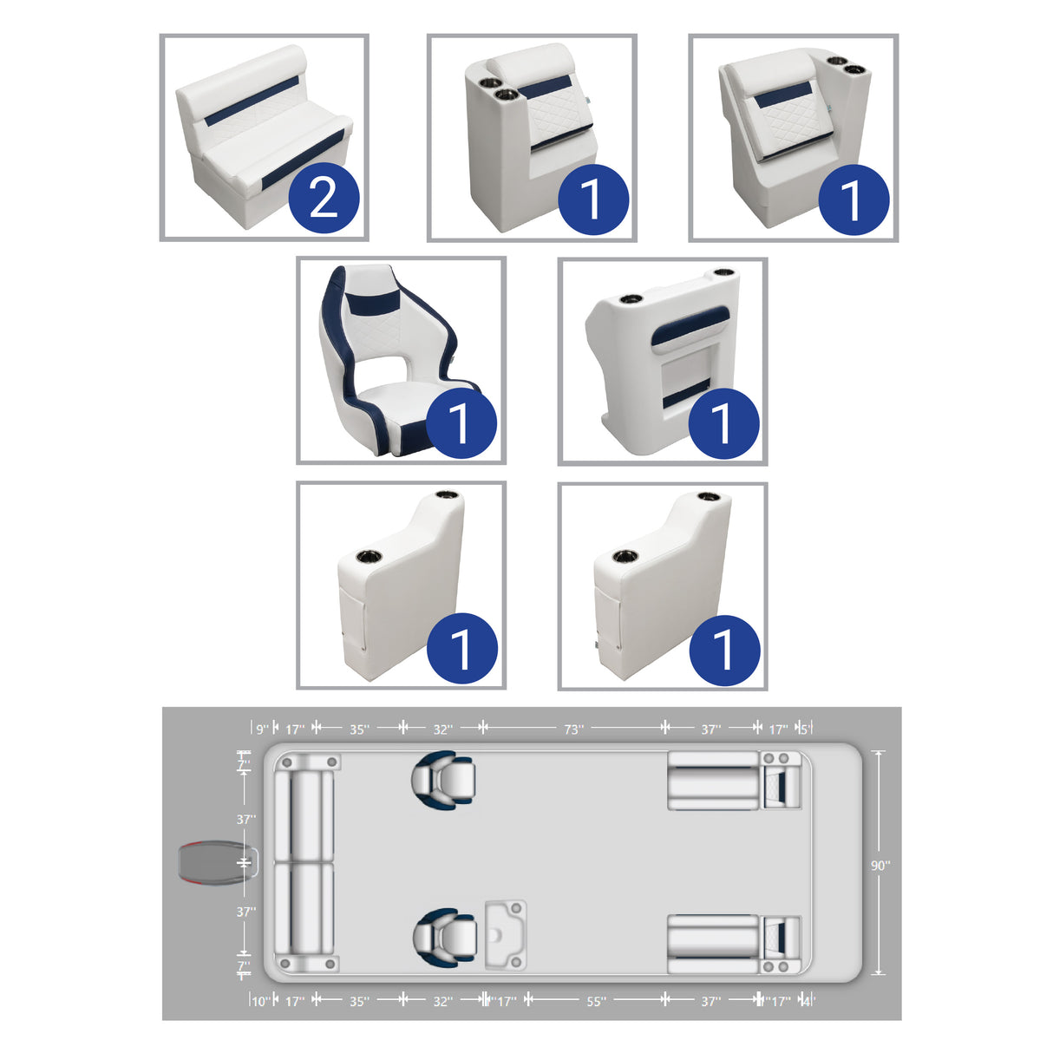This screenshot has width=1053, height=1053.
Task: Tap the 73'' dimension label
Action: (x=573, y=729)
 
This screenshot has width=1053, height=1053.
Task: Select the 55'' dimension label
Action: (x=596, y=1002)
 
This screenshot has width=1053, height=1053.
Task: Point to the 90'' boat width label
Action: (x=880, y=865)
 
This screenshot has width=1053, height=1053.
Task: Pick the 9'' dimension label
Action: (x=261, y=729)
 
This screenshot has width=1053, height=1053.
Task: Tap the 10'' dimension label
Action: (x=260, y=1002)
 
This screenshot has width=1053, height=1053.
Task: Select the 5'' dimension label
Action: (x=804, y=729)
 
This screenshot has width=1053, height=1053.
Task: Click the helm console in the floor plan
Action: (x=505, y=935)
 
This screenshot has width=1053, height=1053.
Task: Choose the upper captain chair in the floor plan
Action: (x=443, y=779)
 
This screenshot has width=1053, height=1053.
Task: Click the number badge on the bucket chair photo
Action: (x=461, y=423)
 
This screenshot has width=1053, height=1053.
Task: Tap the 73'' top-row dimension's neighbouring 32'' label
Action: (x=443, y=729)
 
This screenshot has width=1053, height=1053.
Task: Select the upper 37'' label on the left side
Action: (x=246, y=819)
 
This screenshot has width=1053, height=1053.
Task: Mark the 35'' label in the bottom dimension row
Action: (x=359, y=1002)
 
